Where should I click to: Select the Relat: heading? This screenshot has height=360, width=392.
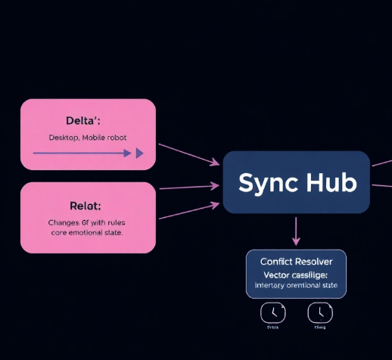click(x=86, y=205)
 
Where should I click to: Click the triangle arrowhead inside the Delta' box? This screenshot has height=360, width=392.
click(x=139, y=153)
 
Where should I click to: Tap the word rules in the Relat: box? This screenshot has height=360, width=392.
click(x=115, y=222)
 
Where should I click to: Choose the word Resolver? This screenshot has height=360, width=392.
click(x=320, y=261)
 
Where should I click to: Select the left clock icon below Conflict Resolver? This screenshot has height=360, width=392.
click(x=272, y=312)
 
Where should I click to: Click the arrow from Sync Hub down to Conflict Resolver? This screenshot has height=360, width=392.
click(x=296, y=230)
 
